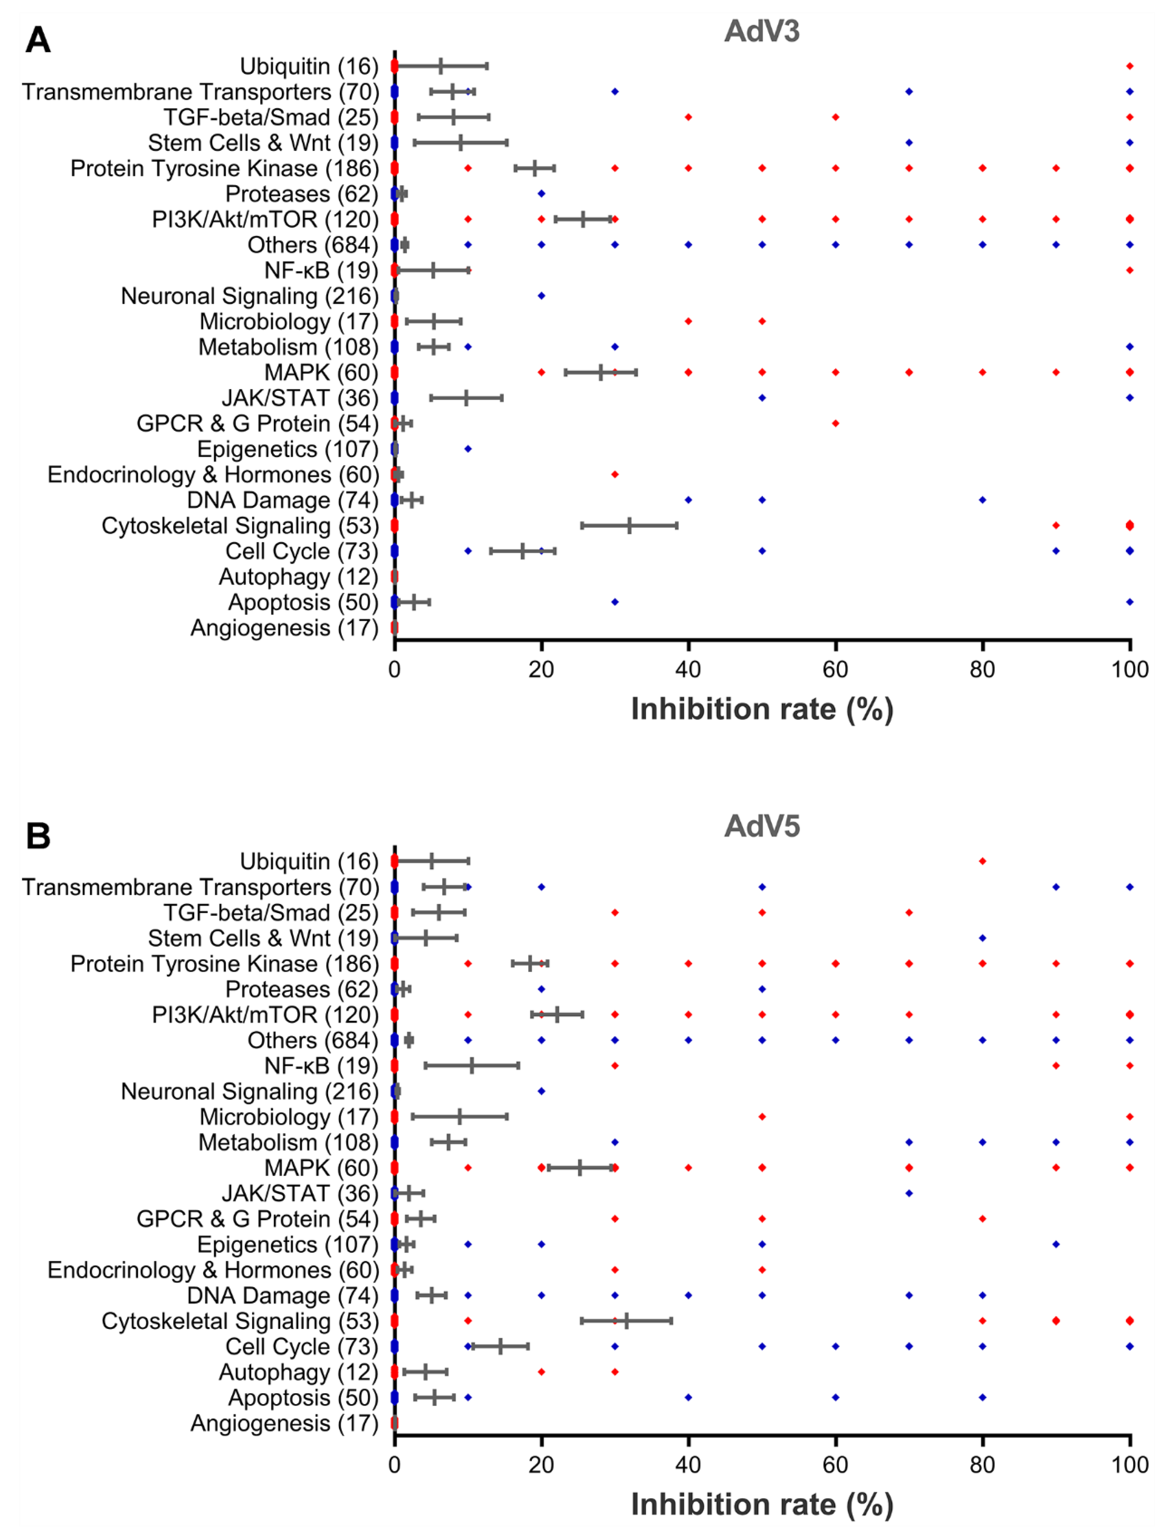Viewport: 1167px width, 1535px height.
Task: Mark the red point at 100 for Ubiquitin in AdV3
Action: point(1130,66)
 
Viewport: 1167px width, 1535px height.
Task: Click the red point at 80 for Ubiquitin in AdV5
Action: point(982,861)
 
